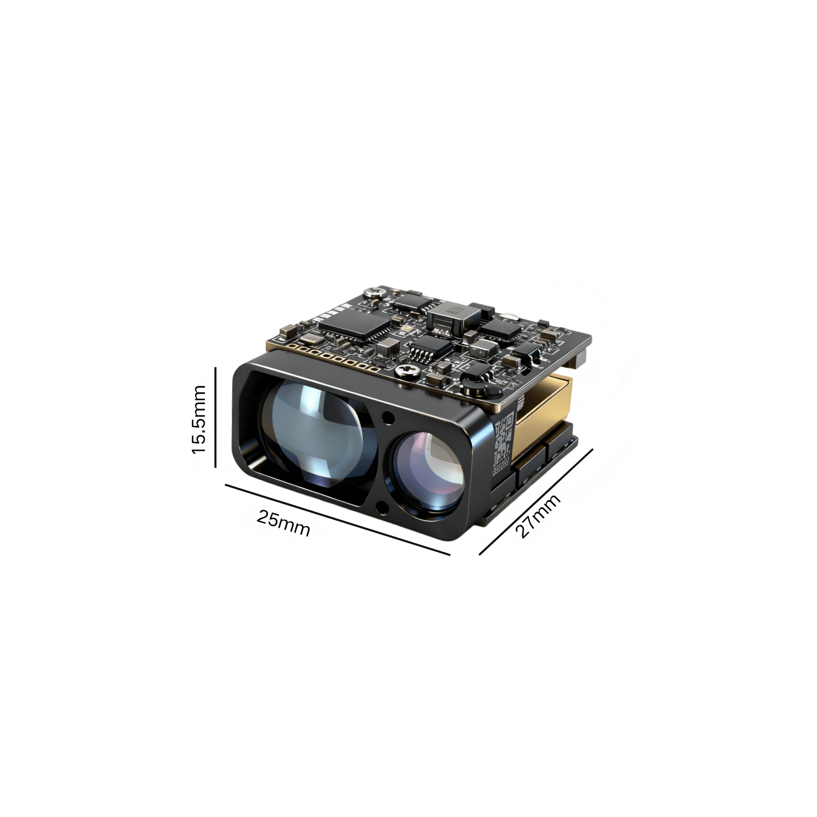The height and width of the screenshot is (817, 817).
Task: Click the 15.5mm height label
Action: click(199, 419)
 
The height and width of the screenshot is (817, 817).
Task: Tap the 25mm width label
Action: click(283, 523)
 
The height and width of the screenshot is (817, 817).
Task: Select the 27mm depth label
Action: click(538, 516)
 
